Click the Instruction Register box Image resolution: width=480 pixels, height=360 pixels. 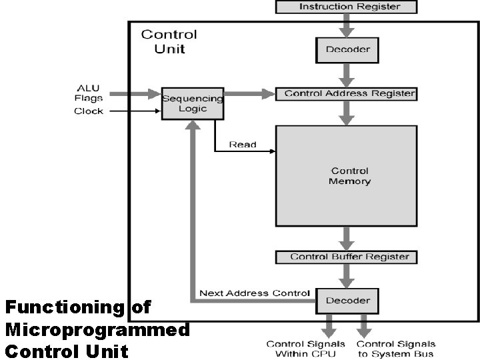click(x=347, y=7)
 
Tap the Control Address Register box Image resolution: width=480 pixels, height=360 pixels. click(x=347, y=93)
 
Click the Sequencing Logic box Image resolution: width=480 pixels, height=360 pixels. click(x=193, y=103)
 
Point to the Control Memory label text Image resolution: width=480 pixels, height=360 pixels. click(x=349, y=176)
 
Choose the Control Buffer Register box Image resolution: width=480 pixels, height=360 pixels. click(x=347, y=257)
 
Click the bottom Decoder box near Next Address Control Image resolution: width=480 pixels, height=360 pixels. click(x=347, y=301)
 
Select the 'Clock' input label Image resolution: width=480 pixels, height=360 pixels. click(x=88, y=111)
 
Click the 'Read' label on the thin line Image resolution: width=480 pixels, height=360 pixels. click(x=243, y=144)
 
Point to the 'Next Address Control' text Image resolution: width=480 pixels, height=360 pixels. click(x=254, y=293)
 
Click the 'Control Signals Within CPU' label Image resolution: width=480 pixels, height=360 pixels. click(x=306, y=349)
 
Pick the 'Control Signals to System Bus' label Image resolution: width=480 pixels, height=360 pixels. click(x=396, y=349)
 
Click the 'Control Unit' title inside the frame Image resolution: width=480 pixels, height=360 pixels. click(x=169, y=41)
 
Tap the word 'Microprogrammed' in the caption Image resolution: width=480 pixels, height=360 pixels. click(x=97, y=329)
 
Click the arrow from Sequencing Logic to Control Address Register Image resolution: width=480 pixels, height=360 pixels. click(x=249, y=94)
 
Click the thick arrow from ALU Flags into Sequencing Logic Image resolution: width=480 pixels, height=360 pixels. click(x=133, y=95)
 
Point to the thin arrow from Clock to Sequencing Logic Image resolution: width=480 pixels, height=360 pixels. click(x=133, y=111)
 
